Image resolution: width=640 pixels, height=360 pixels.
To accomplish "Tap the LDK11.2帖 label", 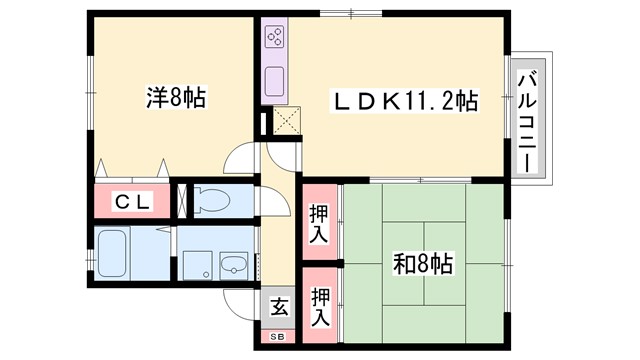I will pyautogui.click(x=404, y=100).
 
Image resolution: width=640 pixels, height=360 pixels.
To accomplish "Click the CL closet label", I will pyautogui.click(x=132, y=201).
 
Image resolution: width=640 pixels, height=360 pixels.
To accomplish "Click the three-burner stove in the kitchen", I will pyautogui.click(x=276, y=39).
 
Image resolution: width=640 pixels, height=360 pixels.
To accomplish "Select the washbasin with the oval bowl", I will pyautogui.click(x=234, y=266).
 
